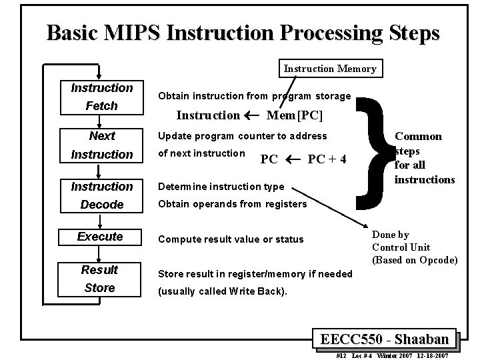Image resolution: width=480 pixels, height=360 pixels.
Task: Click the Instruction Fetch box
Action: pos(102,97)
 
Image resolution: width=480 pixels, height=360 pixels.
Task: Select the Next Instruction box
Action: pos(102,145)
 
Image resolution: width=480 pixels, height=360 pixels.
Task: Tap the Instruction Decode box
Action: pos(102,195)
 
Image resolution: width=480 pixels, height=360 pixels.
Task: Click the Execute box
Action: pos(100,237)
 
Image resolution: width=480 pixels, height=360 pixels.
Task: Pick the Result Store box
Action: pos(99,279)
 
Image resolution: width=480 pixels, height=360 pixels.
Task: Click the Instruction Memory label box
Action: pos(330,68)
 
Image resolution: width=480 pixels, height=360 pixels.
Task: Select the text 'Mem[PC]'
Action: pos(294,115)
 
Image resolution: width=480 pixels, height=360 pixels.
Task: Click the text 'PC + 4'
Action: pos(327,160)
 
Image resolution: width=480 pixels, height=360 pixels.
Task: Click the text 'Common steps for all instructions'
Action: pos(424,158)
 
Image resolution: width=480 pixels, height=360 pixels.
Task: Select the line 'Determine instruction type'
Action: pos(220,187)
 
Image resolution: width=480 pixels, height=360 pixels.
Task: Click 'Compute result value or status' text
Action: pos(230,239)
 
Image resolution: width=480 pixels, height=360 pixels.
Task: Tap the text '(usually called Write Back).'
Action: pos(222,291)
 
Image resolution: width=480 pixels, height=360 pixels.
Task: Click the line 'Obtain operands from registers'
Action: pos(231,203)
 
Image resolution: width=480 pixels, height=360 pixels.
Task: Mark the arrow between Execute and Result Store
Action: pos(99,254)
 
